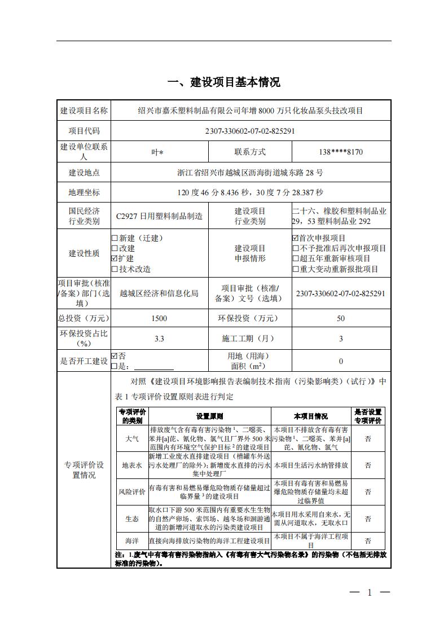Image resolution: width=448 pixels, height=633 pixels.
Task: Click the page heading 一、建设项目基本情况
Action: pos(224,82)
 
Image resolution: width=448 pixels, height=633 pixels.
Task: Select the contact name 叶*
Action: pos(159,152)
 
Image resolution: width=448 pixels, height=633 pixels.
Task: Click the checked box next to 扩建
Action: pos(115,258)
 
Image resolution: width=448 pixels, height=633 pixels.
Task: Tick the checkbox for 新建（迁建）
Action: pos(115,238)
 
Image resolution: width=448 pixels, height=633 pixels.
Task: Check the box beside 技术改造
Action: pos(115,269)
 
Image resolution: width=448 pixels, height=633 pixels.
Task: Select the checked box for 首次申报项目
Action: pos(295,238)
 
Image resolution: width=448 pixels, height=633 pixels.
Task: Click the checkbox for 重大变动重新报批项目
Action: pos(295,269)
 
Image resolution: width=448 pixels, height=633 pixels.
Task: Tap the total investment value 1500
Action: pos(159,319)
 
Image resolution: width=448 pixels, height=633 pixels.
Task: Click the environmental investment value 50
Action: pos(340,319)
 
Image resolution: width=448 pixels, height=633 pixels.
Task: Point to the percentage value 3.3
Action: pos(159,339)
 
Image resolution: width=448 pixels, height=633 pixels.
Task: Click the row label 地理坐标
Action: pos(84,193)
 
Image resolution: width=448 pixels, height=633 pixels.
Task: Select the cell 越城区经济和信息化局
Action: pos(159,293)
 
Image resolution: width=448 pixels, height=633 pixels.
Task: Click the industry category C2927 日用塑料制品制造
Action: pos(159,216)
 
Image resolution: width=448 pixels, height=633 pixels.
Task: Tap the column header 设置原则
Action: pos(209,416)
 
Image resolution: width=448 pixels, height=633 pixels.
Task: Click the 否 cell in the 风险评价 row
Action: pos(367,491)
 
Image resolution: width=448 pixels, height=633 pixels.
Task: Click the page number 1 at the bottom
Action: pos(370,592)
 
